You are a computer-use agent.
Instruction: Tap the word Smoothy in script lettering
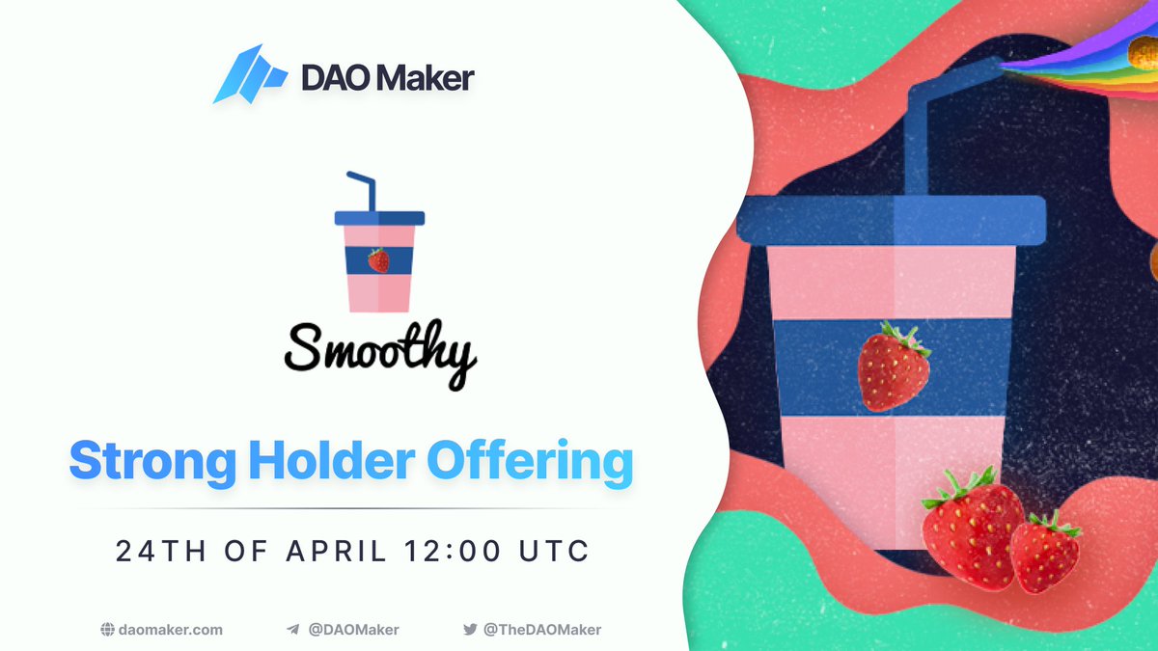(x=380, y=353)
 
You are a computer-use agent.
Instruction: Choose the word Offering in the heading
(x=530, y=462)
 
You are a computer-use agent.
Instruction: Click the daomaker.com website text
(x=172, y=630)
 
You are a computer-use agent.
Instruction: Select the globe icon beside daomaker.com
(x=108, y=630)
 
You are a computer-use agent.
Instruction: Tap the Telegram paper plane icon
(x=292, y=630)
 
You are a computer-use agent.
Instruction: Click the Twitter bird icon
(x=470, y=630)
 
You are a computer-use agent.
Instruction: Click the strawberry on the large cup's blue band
(x=894, y=366)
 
